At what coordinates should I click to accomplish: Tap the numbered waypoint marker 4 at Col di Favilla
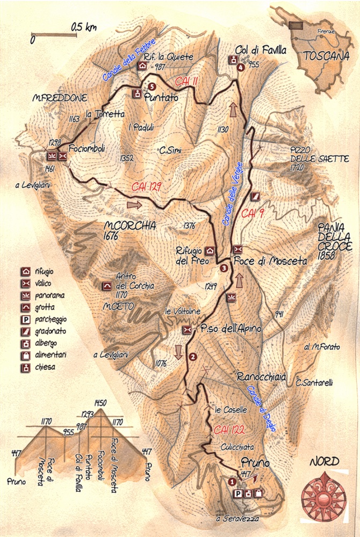click(240, 67)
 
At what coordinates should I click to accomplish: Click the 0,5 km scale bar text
click(83, 27)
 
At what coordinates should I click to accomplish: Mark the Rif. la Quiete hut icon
click(142, 66)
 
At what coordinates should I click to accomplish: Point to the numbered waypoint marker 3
click(224, 269)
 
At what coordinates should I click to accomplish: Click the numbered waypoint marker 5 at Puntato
click(152, 86)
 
